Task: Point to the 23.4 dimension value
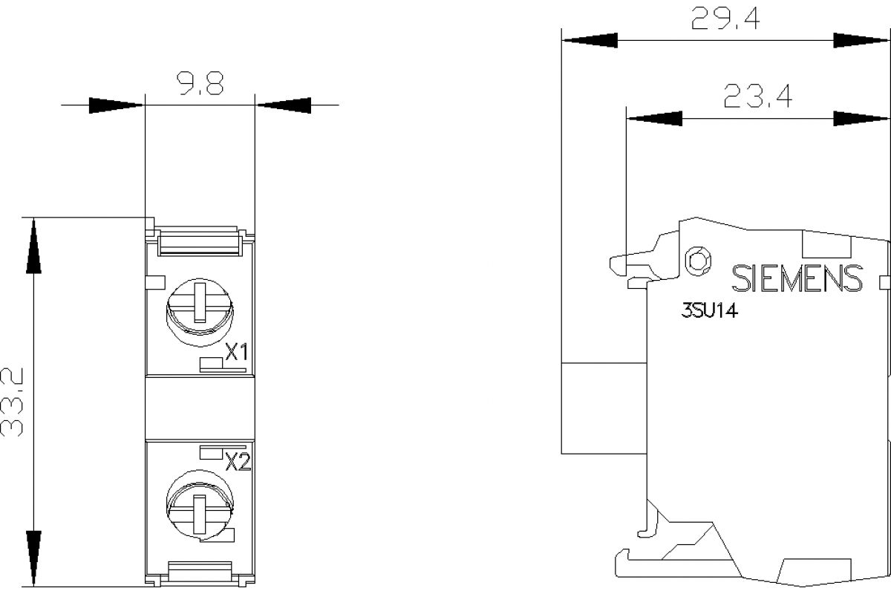[757, 97]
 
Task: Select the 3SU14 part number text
[709, 312]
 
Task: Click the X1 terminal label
[236, 352]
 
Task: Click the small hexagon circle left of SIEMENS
[698, 260]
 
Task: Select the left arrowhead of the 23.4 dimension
[654, 117]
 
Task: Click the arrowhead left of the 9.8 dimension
[115, 105]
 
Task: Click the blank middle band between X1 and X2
[200, 408]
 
